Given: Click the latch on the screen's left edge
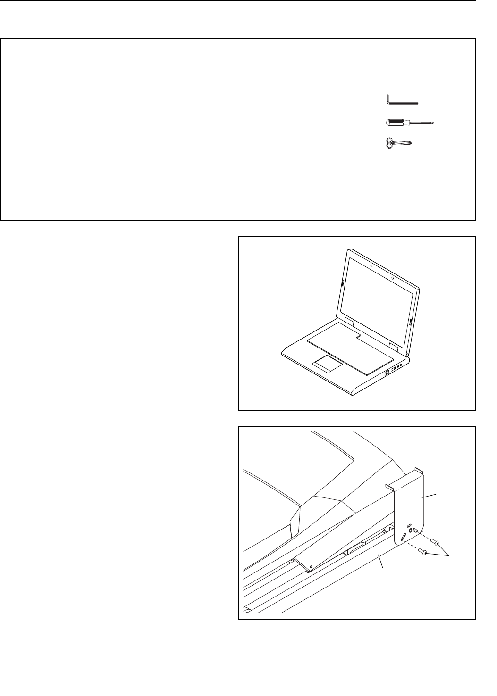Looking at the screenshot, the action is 341,283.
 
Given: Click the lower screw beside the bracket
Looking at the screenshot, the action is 425,553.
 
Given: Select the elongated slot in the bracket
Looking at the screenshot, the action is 403,538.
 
